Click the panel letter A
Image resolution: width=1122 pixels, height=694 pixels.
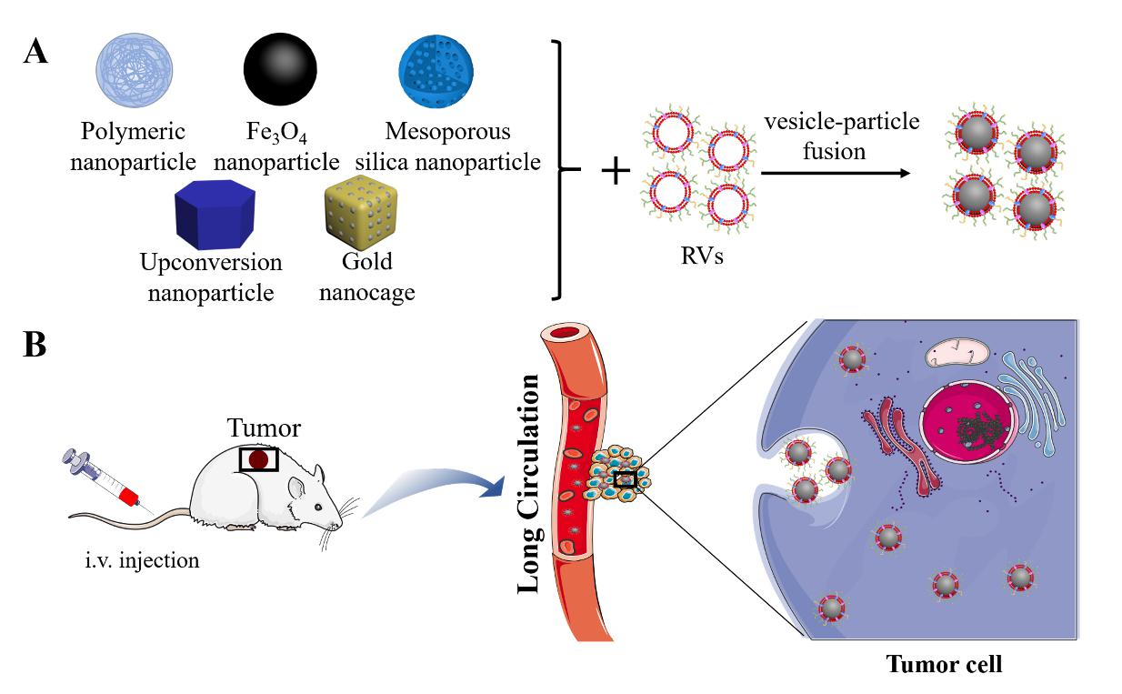point(35,52)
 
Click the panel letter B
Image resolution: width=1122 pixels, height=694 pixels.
point(35,347)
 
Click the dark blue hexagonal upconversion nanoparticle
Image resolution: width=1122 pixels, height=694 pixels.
point(212,216)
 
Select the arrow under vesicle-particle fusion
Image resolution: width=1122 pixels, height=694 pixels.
point(835,171)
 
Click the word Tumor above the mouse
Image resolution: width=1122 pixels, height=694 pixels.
point(264,428)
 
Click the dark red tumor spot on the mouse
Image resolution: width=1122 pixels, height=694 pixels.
point(259,459)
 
